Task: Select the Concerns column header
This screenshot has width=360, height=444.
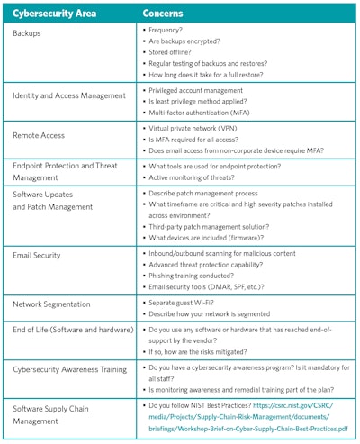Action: tap(166, 13)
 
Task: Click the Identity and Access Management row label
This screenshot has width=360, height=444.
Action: tap(67, 95)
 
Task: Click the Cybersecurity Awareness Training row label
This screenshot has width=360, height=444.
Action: tap(70, 369)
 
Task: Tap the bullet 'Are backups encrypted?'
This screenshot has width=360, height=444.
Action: tap(185, 41)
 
